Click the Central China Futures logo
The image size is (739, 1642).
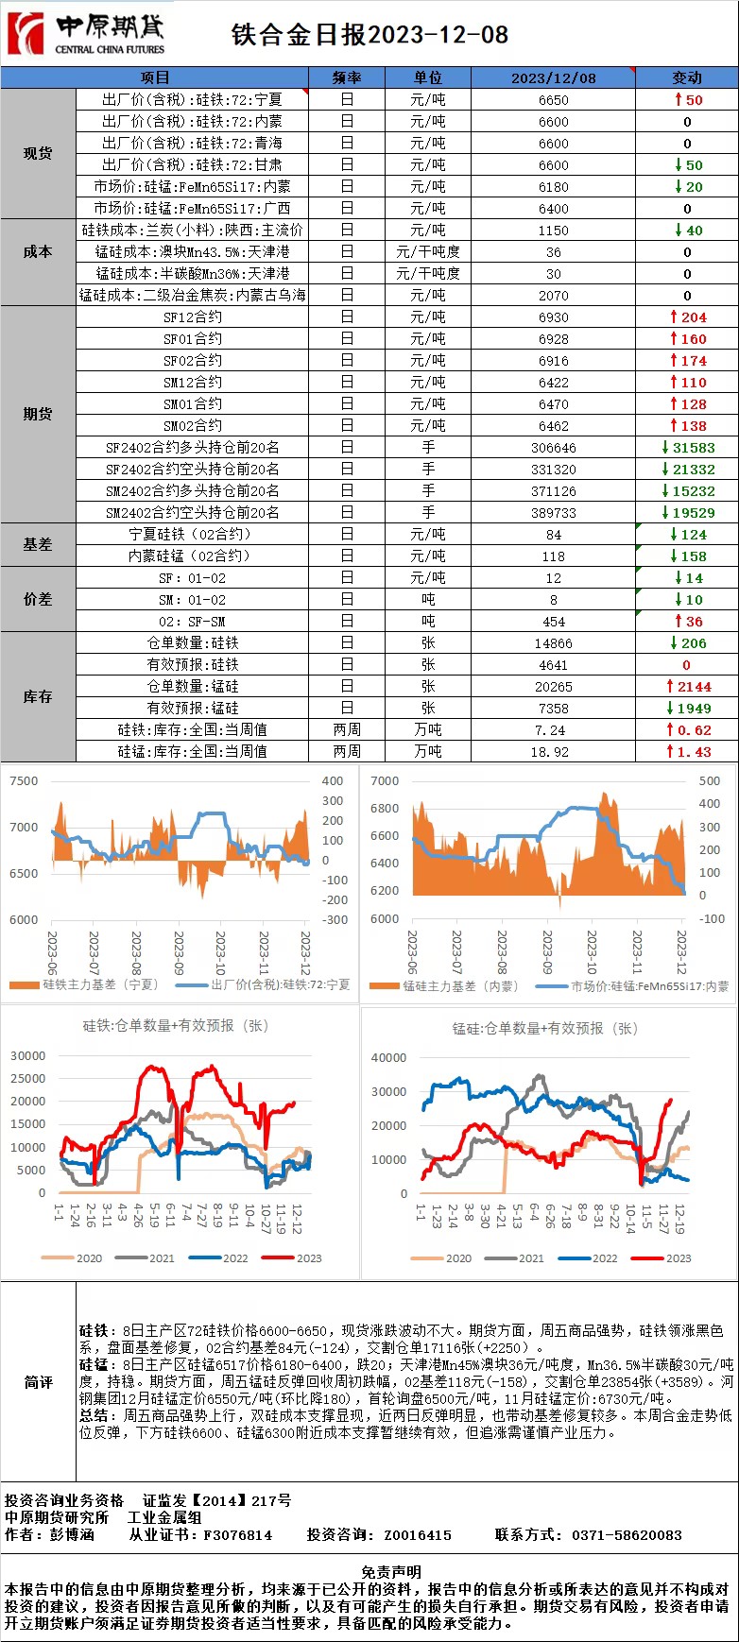[x=85, y=34]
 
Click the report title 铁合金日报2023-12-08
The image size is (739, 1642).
[x=370, y=35]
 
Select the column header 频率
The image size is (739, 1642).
[x=347, y=77]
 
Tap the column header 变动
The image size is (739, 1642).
[x=687, y=77]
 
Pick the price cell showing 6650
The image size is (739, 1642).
[x=554, y=99]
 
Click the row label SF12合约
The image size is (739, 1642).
[x=193, y=317]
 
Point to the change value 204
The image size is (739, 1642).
[x=694, y=317]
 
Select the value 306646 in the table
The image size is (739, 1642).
[x=554, y=448]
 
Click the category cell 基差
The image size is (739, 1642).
[x=38, y=545]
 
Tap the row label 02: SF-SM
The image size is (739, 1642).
[x=193, y=622]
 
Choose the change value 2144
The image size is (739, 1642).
[x=694, y=687]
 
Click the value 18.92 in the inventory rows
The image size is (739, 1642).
[x=554, y=752]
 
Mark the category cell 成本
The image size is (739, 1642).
[x=38, y=252]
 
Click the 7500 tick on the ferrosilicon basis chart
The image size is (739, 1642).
[x=24, y=781]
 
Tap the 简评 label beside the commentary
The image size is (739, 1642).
[x=38, y=1382]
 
